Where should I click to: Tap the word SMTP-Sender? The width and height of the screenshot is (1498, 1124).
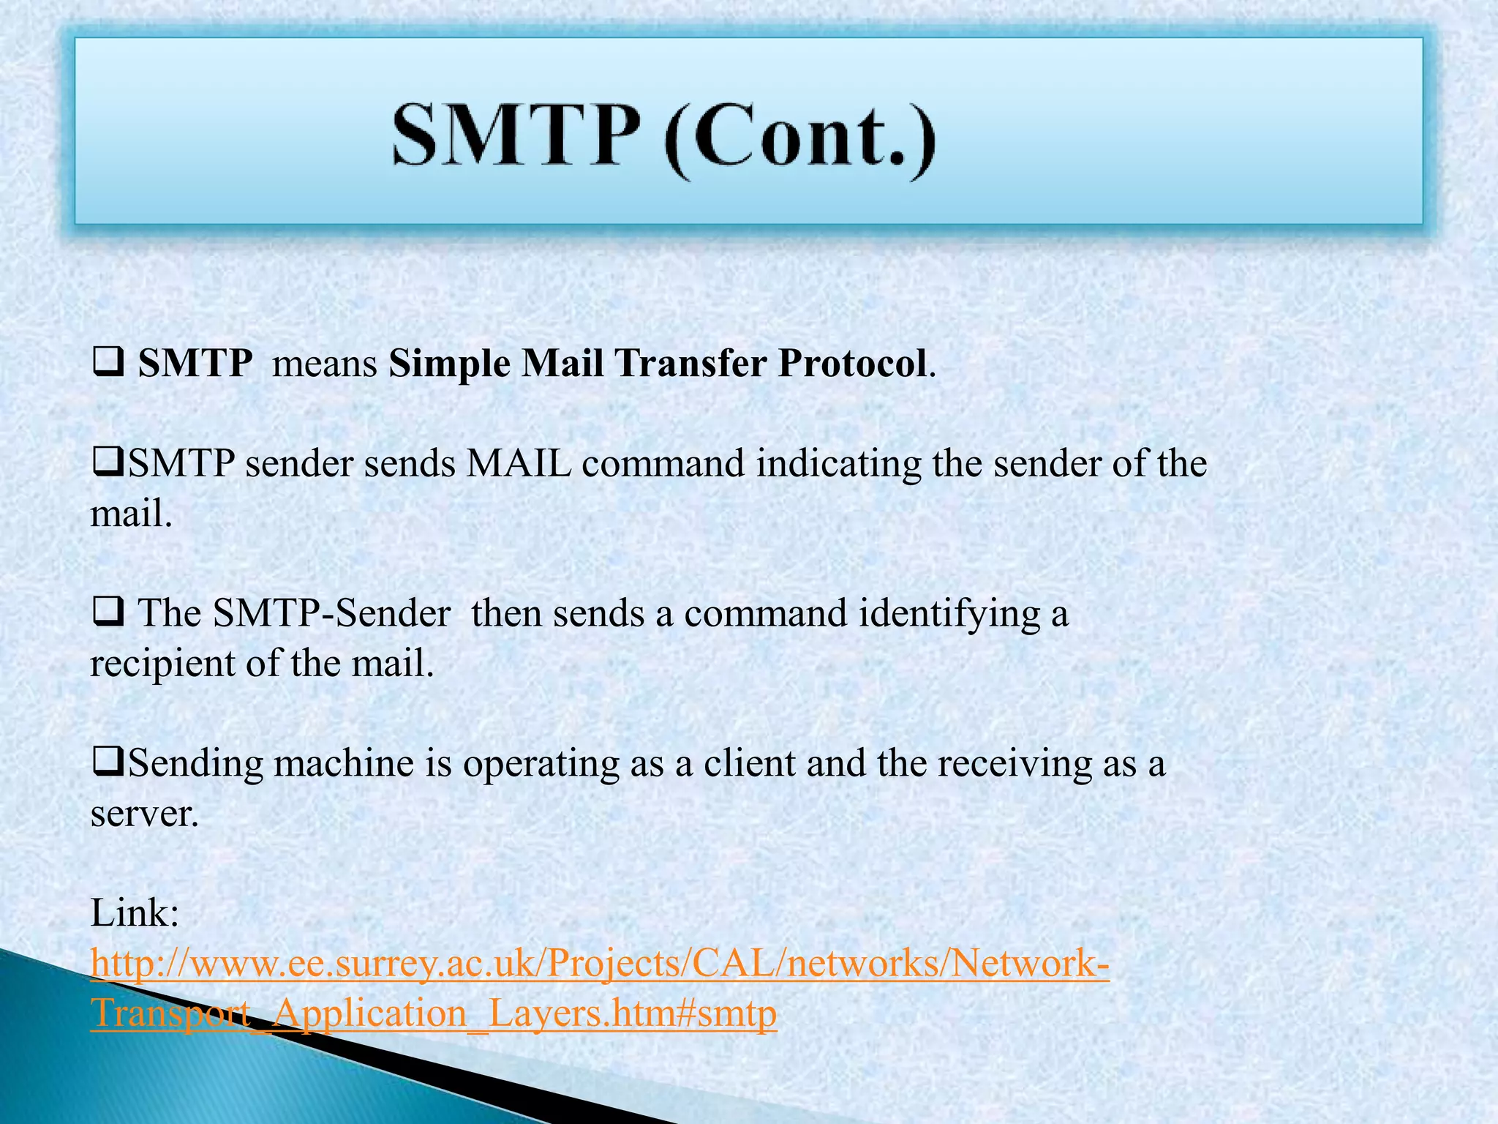coord(331,613)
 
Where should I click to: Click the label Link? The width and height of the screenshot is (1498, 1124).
coord(135,914)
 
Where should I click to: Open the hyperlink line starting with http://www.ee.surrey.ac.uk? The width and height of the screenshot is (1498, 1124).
coord(600,964)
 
